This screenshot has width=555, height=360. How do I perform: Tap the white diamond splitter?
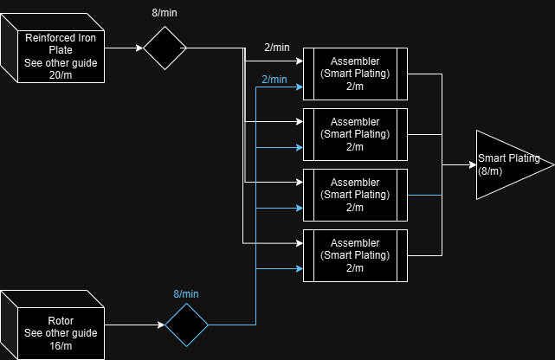[x=165, y=48]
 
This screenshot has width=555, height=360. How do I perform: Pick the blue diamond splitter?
[x=187, y=325]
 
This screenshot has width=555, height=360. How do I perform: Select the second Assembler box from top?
[x=355, y=135]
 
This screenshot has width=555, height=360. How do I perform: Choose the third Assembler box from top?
[x=355, y=196]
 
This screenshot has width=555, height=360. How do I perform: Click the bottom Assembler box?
[x=355, y=256]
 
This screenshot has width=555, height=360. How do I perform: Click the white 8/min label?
[x=166, y=12]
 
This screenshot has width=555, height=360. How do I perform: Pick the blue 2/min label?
[x=274, y=80]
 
